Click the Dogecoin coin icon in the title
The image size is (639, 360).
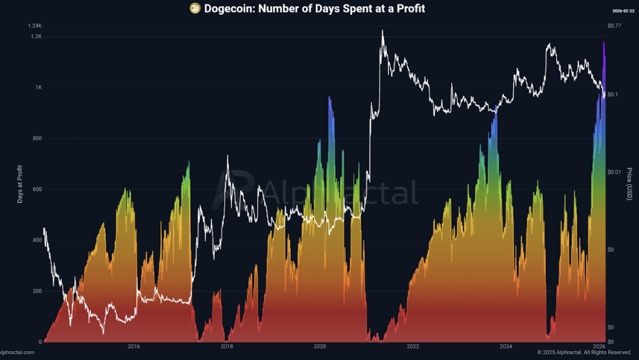pyautogui.click(x=195, y=9)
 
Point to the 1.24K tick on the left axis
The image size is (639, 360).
pyautogui.click(x=34, y=26)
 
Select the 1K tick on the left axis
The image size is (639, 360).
pyautogui.click(x=39, y=88)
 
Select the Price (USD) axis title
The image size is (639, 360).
pyautogui.click(x=630, y=184)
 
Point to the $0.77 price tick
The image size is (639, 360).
pyautogui.click(x=615, y=26)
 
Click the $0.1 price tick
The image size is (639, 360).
pyautogui.click(x=613, y=94)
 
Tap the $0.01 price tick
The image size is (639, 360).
pyautogui.click(x=615, y=172)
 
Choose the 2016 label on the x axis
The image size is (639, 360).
pyautogui.click(x=133, y=346)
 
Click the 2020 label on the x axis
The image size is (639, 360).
pyautogui.click(x=319, y=346)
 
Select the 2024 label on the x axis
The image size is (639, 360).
pyautogui.click(x=506, y=346)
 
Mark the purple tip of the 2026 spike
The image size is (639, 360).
pyautogui.click(x=603, y=42)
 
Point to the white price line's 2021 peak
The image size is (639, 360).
pyautogui.click(x=383, y=31)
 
